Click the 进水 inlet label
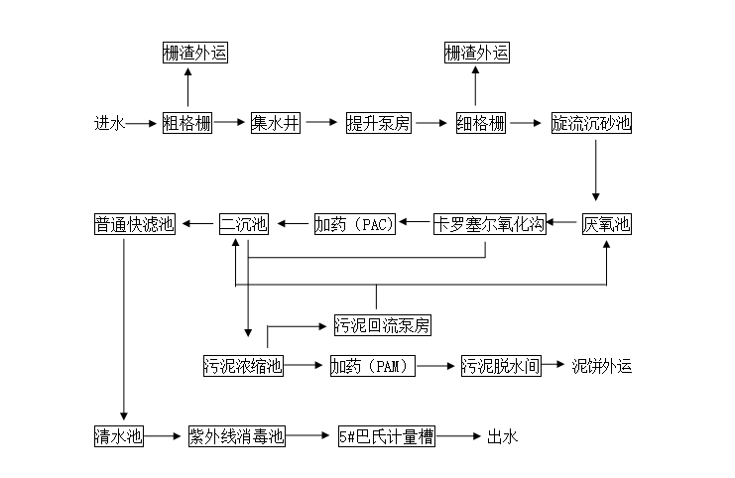click(109, 124)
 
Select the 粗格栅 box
click(187, 124)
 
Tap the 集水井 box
click(275, 124)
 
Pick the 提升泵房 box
click(378, 124)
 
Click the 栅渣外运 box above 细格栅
click(476, 53)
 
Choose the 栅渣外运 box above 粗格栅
click(195, 53)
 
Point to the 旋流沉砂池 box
click(591, 124)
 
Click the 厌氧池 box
click(606, 224)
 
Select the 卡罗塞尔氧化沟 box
click(489, 224)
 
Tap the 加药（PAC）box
click(355, 224)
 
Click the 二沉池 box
click(243, 224)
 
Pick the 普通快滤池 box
click(135, 224)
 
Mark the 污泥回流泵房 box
click(382, 325)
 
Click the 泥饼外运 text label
click(601, 366)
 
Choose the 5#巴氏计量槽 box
click(386, 436)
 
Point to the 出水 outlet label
click(502, 436)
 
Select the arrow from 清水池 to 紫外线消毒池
click(165, 436)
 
